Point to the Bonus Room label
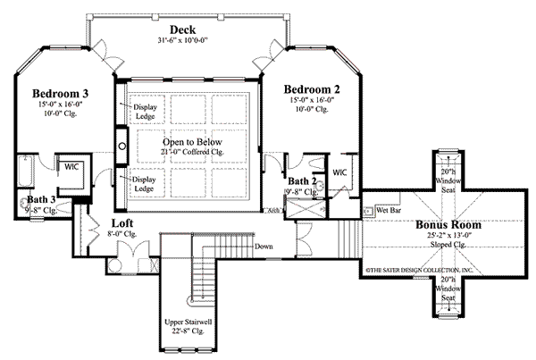pos(448,224)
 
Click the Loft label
pos(124,222)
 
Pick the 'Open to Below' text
pos(191,142)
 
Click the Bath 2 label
pos(302,181)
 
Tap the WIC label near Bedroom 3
pos(70,165)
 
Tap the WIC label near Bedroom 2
pos(339,172)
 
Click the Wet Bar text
pos(389,210)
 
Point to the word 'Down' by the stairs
pos(263,246)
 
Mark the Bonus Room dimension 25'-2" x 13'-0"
pos(448,236)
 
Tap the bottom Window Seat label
pos(448,285)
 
